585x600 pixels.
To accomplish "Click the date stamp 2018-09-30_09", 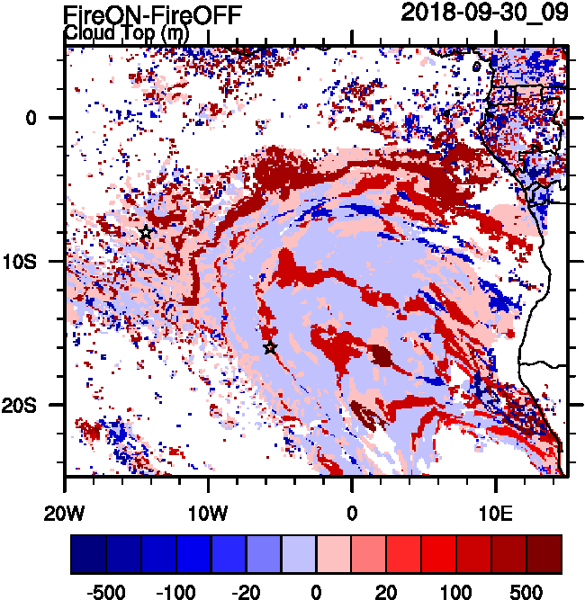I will tap(483, 13).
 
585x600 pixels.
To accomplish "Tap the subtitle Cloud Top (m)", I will tap(125, 32).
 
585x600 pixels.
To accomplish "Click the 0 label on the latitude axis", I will tap(30, 118).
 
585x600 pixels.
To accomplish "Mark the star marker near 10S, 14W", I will tap(146, 233).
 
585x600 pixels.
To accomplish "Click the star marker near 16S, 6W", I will tap(270, 347).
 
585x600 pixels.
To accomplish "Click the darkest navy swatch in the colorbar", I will tap(88, 554).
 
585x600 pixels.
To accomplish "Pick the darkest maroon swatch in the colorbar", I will tap(544, 554).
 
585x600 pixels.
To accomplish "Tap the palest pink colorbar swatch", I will tap(334, 554).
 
